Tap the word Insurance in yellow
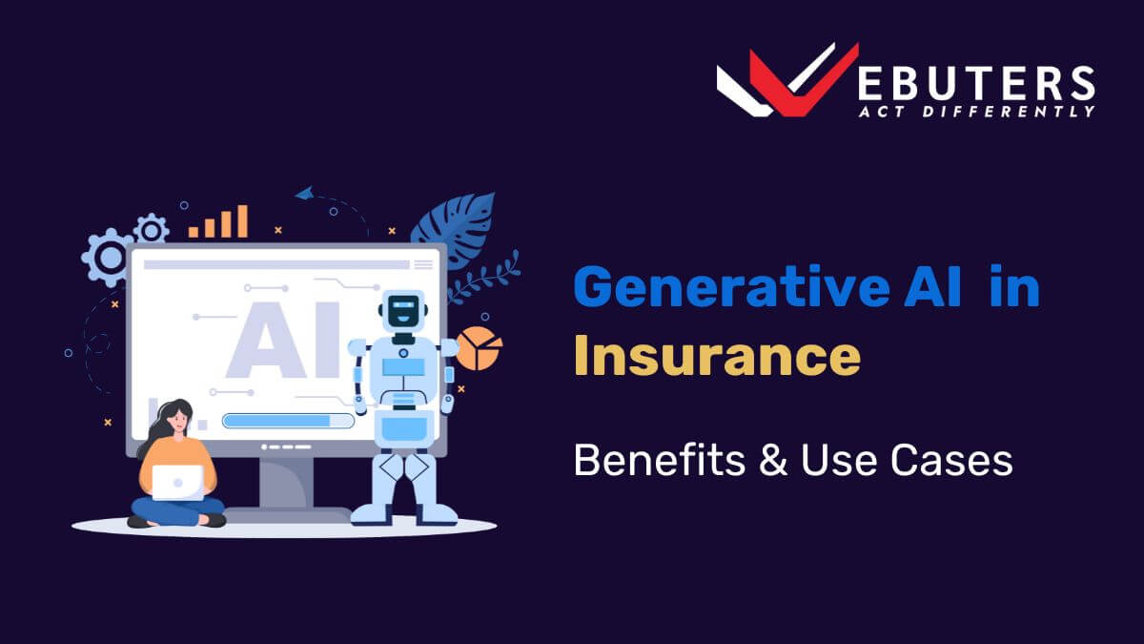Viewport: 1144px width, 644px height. pyautogui.click(x=717, y=356)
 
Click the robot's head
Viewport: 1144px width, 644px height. pyautogui.click(x=401, y=311)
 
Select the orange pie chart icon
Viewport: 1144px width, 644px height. pyautogui.click(x=480, y=347)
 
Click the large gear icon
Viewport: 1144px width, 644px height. pyautogui.click(x=108, y=257)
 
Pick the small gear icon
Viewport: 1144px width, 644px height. pyautogui.click(x=151, y=229)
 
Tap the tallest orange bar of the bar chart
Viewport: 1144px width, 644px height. pyautogui.click(x=242, y=221)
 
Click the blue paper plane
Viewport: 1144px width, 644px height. pyautogui.click(x=304, y=193)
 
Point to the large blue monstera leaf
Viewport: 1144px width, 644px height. pyautogui.click(x=456, y=229)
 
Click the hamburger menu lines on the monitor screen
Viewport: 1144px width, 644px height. pyautogui.click(x=423, y=264)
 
